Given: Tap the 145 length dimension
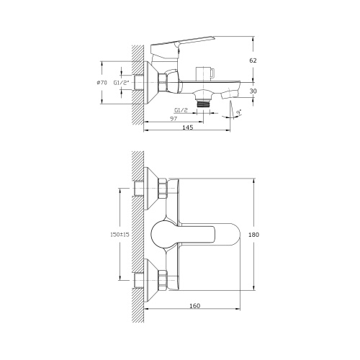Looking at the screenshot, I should tap(188, 127).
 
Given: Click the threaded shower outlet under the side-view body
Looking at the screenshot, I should tap(207, 102).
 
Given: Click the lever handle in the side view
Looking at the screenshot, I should tap(184, 45).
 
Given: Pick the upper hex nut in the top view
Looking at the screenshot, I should tap(163, 189).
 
